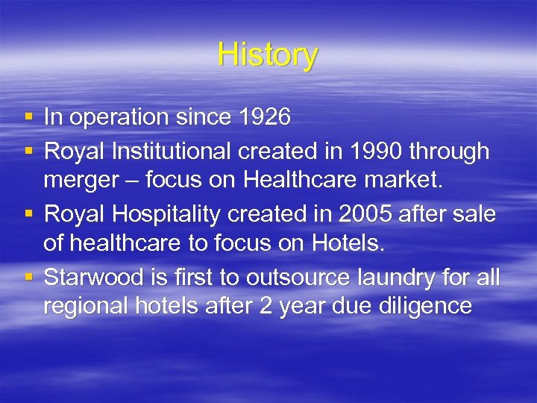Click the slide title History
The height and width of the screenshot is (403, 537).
[x=268, y=55]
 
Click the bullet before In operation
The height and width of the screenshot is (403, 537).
[x=28, y=117]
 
